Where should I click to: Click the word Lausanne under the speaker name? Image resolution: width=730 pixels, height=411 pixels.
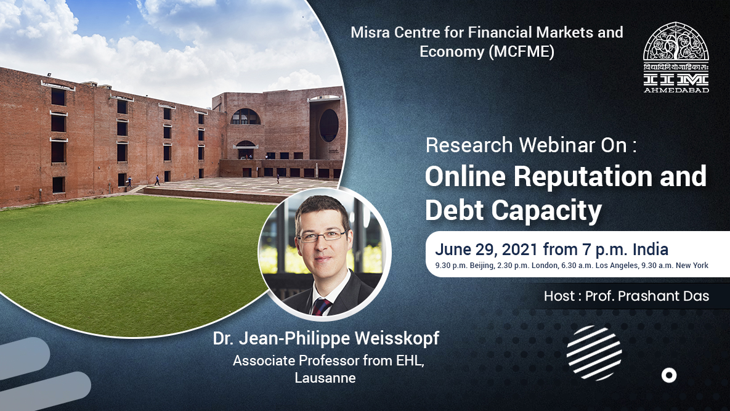point(325,378)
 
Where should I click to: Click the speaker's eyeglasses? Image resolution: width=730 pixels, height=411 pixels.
point(321,235)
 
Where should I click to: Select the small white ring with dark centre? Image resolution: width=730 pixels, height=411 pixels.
point(669,375)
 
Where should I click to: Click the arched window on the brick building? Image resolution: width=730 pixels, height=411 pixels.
point(245,116)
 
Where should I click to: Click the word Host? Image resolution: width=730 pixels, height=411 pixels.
point(558,296)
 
